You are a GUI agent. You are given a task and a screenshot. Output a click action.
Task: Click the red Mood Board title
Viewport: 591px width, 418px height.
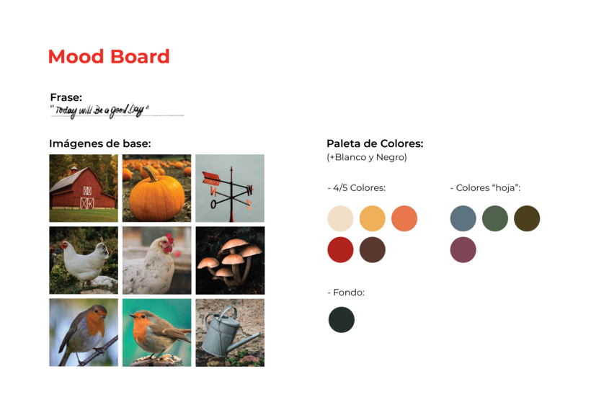point(109,57)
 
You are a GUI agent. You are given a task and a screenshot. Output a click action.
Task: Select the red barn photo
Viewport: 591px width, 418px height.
point(84,188)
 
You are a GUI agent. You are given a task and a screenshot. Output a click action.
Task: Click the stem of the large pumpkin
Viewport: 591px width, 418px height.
point(151,174)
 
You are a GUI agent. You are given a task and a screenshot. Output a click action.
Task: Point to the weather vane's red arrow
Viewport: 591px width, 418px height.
point(215,179)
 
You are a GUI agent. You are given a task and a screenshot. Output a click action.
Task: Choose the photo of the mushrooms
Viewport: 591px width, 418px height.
point(230,260)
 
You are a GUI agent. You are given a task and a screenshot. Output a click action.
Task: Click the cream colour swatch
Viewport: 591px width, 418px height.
point(340,218)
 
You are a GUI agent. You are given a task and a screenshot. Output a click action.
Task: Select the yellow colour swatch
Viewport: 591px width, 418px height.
point(373,218)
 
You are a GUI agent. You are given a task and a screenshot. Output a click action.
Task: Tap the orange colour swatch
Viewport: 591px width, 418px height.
point(404,218)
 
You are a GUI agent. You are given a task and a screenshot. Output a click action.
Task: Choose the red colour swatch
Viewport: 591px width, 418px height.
point(340,249)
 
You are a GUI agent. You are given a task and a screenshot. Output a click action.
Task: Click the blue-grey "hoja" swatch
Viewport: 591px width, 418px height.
point(463,218)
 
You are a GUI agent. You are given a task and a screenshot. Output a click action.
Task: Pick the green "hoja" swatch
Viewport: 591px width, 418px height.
point(495,218)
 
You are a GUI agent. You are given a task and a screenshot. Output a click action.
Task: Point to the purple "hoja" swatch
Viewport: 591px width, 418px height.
point(463,249)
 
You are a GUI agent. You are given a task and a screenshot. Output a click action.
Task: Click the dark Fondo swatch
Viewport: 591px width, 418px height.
point(342,319)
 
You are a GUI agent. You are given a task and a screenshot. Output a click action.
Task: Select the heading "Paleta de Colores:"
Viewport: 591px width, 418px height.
point(375,143)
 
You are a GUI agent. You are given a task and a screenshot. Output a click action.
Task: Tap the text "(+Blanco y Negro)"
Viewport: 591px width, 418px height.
point(367,157)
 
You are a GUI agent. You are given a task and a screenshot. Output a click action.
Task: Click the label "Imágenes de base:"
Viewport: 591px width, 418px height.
point(100,143)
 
